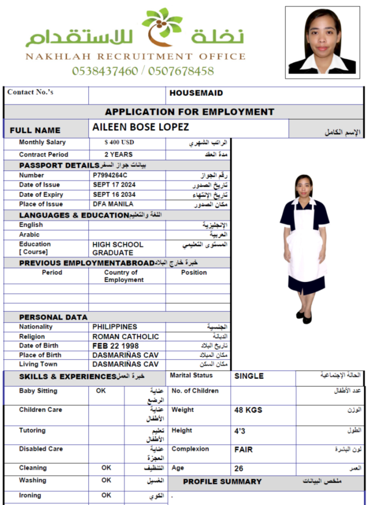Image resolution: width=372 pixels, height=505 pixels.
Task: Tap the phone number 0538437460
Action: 105,71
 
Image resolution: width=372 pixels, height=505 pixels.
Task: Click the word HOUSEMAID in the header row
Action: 196,93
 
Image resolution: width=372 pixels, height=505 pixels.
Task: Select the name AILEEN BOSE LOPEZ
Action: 140,127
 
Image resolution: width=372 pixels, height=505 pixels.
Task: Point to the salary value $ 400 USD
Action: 119,143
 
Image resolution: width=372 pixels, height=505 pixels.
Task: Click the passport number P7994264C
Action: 110,175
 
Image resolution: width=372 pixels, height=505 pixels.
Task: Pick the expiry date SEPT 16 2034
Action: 114,195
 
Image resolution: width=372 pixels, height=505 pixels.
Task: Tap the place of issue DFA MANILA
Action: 112,204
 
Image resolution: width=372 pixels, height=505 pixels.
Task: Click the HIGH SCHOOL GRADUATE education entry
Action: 117,249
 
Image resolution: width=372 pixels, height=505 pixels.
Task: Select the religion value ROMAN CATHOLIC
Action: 126,337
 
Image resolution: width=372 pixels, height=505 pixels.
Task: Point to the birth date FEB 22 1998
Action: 115,346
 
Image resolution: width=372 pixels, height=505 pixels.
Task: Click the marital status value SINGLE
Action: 249,376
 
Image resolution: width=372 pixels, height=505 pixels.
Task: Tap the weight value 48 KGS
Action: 248,410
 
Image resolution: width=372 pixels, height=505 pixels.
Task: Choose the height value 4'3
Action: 240,431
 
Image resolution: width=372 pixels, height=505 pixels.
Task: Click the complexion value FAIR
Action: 243,450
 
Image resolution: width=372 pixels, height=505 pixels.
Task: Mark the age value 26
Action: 239,469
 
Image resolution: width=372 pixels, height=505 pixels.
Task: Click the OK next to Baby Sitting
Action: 101,391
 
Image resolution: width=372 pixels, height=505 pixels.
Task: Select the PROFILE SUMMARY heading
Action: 222,482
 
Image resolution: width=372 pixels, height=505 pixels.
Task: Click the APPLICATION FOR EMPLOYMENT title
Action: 189,112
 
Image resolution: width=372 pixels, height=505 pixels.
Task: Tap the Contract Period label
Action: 43,155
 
